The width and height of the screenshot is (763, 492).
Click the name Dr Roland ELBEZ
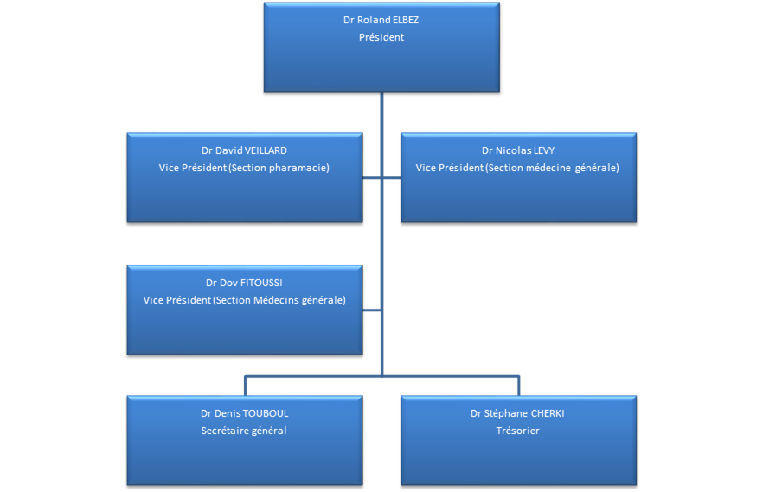tap(381, 19)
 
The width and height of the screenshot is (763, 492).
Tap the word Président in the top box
tap(381, 37)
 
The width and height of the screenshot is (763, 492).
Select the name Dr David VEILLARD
tap(244, 150)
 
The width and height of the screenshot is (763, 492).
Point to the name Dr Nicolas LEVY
tap(518, 150)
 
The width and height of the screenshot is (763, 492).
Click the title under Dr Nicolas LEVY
tap(517, 168)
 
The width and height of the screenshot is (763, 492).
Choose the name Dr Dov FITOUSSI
tap(244, 283)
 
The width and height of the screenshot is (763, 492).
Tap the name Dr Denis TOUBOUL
tap(244, 413)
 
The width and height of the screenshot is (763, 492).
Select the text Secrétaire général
tap(244, 431)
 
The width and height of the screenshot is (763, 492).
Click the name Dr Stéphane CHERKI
tap(517, 413)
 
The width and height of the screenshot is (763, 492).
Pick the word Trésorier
tap(517, 431)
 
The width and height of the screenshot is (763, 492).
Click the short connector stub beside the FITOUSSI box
tap(372, 309)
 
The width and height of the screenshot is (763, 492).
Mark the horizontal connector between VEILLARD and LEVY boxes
tap(381, 179)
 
